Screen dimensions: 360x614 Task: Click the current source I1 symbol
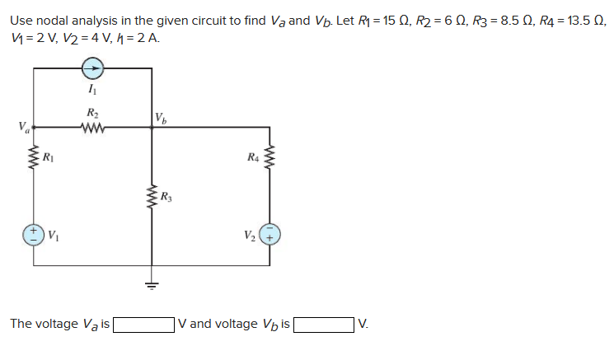[x=92, y=69]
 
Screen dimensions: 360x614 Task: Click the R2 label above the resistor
[x=91, y=113]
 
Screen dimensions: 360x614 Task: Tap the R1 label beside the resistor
[x=49, y=156]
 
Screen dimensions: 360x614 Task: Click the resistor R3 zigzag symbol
[x=152, y=197]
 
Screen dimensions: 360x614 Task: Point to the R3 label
[x=166, y=196]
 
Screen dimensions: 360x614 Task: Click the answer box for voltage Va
[x=143, y=324]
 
